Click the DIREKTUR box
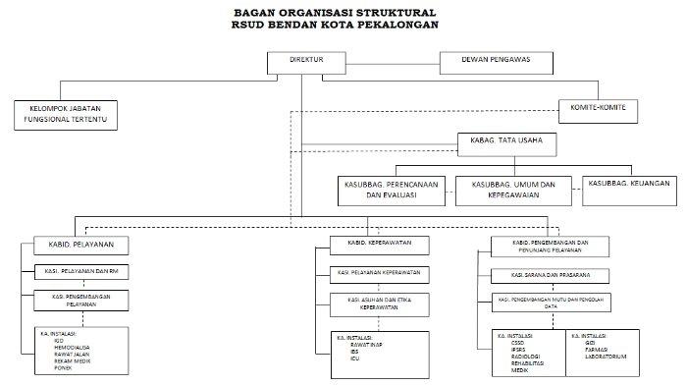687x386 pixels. click(308, 61)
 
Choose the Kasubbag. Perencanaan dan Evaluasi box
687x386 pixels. click(392, 190)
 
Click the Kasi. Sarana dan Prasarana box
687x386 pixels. click(557, 274)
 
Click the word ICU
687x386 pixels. click(354, 358)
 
